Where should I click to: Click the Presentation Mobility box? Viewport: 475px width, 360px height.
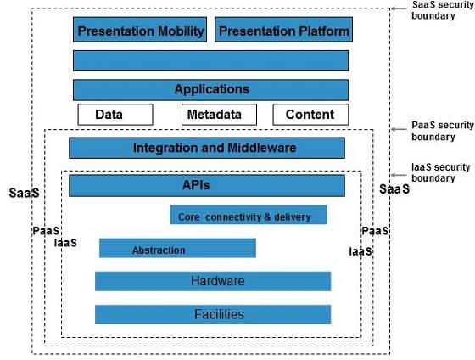pyautogui.click(x=141, y=31)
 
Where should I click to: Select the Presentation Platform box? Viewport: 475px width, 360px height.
pyautogui.click(x=283, y=31)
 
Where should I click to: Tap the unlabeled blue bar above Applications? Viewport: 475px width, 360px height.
pyautogui.click(x=210, y=60)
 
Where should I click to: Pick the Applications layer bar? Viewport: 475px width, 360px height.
pyautogui.click(x=210, y=89)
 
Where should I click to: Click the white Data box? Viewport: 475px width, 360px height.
pyautogui.click(x=115, y=115)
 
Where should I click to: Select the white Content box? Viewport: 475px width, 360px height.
pyautogui.click(x=310, y=115)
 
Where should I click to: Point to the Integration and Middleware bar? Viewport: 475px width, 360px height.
pyautogui.click(x=207, y=148)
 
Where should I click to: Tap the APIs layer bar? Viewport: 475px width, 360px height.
pyautogui.click(x=207, y=185)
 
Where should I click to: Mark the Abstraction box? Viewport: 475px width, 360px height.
pyautogui.click(x=177, y=249)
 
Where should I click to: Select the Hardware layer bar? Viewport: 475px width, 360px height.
pyautogui.click(x=213, y=281)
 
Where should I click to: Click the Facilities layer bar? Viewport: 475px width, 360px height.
pyautogui.click(x=213, y=314)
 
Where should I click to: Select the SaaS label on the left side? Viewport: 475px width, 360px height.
pyautogui.click(x=21, y=192)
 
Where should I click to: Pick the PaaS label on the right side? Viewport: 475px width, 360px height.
pyautogui.click(x=375, y=231)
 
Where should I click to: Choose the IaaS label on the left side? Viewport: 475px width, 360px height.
pyautogui.click(x=65, y=243)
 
